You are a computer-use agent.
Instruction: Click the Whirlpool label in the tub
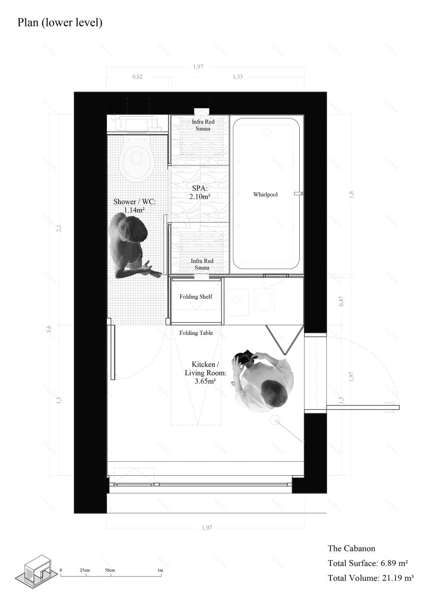point(266,195)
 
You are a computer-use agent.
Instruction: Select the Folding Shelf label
point(196,297)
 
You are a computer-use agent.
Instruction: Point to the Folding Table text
point(196,332)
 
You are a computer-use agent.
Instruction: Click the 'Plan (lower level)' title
point(59,23)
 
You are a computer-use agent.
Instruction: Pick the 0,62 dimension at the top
point(137,77)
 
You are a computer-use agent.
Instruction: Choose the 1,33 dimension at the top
point(237,77)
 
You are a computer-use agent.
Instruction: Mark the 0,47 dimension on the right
point(341,301)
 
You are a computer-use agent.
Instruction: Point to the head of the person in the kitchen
point(273,392)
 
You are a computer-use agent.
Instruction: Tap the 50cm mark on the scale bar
point(110,570)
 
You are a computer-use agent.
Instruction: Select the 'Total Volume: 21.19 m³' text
point(370,578)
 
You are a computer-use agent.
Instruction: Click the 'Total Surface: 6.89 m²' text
point(368,563)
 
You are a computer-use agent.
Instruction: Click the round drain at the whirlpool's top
point(267,132)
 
